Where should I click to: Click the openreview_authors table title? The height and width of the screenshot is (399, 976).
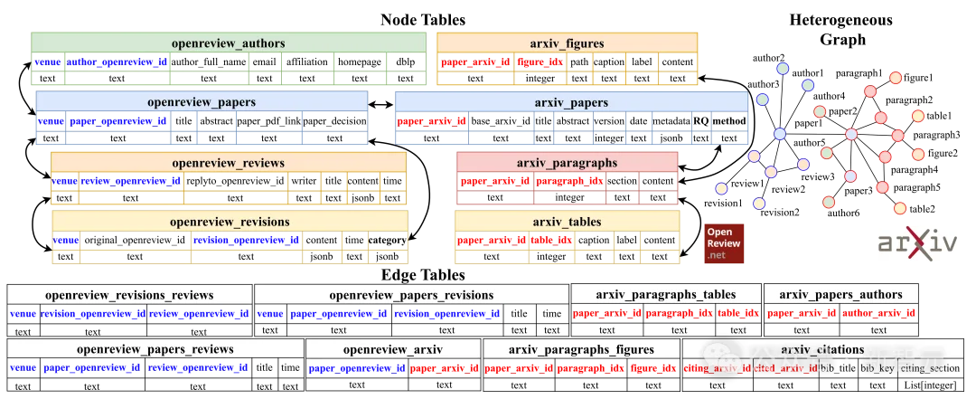228,43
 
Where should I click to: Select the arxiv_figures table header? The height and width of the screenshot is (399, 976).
567,43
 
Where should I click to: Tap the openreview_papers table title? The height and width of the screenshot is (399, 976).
201,102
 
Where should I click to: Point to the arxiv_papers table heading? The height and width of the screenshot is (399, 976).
571,102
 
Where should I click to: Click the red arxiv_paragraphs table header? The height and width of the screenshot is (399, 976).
567,163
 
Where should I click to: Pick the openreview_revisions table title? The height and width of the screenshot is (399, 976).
230,222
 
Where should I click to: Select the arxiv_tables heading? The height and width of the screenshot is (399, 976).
567,222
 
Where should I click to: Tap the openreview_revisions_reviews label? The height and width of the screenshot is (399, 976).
129,295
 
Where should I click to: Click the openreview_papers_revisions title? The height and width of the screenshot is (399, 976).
411,295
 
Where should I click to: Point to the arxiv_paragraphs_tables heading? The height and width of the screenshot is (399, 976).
665,295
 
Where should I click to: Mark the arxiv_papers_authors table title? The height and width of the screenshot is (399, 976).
840,295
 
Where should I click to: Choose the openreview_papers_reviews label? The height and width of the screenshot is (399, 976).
155,349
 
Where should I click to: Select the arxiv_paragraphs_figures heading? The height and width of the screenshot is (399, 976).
580,349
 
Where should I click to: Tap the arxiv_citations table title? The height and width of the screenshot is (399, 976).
821,349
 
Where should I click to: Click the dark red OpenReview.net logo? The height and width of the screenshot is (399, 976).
724,243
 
